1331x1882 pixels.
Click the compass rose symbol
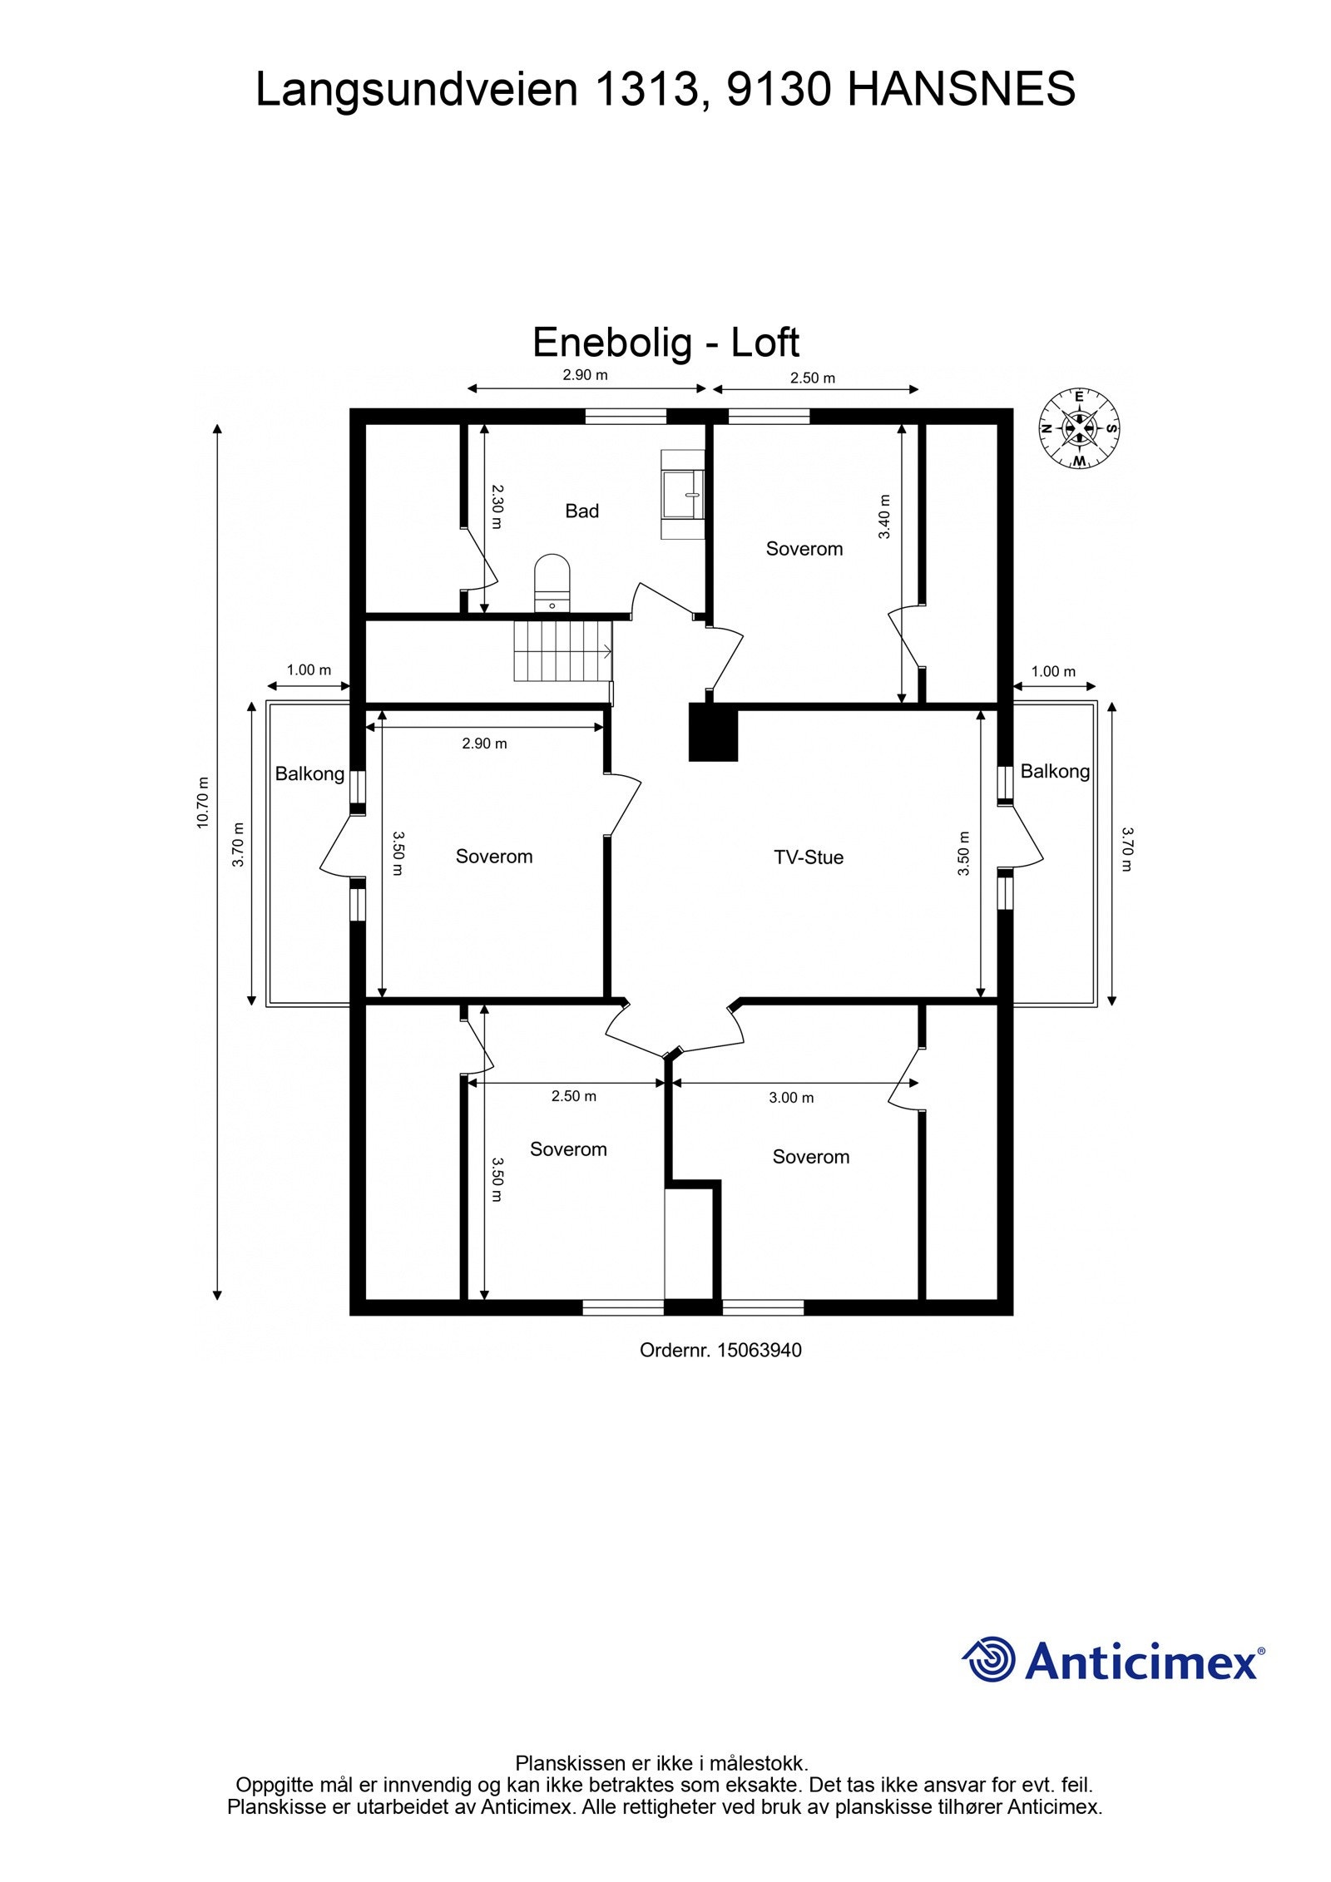[1079, 428]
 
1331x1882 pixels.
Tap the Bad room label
[581, 511]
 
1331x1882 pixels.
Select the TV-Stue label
[808, 857]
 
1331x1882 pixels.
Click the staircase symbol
[563, 650]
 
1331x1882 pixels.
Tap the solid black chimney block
[713, 732]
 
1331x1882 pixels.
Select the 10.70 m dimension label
[203, 803]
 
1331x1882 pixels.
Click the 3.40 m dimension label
[884, 516]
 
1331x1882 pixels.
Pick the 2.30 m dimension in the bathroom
[497, 506]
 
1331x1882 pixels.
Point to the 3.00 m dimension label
[790, 1098]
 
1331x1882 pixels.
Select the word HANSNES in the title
[961, 90]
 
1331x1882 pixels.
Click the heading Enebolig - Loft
[665, 342]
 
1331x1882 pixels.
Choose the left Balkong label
[309, 773]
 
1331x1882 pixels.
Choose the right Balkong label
[1054, 771]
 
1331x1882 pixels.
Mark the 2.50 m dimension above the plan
[812, 378]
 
